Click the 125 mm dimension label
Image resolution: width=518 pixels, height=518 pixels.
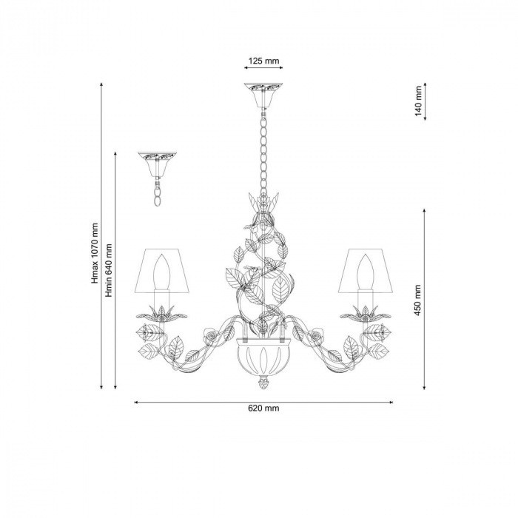[x=263, y=61]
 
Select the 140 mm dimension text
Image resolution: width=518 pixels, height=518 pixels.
[x=419, y=101]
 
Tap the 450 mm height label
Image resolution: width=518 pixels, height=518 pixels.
[x=418, y=300]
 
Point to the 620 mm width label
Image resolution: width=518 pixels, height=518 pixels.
[x=263, y=408]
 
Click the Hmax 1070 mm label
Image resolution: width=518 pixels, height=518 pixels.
[x=95, y=253]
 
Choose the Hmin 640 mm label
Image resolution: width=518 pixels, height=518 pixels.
[x=109, y=270]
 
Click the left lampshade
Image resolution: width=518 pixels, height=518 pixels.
[x=162, y=271]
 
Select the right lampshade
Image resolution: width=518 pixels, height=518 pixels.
[x=366, y=271]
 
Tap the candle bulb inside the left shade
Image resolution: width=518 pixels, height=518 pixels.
[x=162, y=272]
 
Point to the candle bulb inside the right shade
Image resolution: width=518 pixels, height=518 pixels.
[x=366, y=272]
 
